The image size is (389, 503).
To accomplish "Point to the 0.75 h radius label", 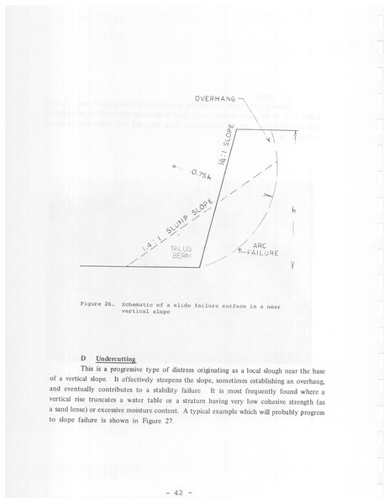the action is [x=199, y=176].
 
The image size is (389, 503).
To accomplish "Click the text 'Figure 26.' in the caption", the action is [x=97, y=305].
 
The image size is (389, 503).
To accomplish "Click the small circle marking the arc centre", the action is [x=173, y=167].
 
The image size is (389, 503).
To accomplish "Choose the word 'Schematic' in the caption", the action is [x=140, y=305].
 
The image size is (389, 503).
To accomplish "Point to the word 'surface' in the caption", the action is [x=234, y=305].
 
